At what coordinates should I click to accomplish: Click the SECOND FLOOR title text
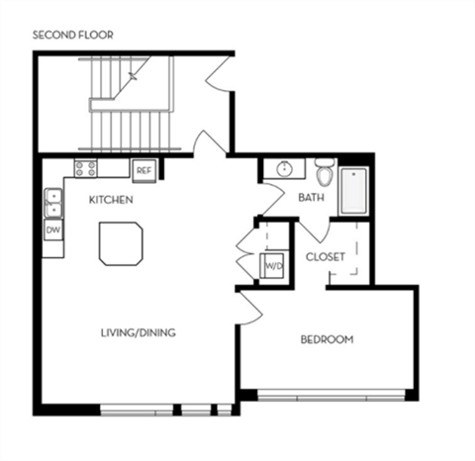point(73,36)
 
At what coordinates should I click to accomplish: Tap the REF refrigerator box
point(143,169)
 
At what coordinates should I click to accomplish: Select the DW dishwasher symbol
point(52,230)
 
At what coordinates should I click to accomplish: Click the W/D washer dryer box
point(271,266)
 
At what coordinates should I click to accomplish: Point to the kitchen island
point(121,243)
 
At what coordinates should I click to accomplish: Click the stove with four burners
point(86,169)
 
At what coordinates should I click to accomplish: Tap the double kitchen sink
point(52,203)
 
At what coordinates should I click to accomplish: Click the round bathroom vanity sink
point(285,169)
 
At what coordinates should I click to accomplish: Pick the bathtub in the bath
point(353,192)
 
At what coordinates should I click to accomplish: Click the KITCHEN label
point(111,201)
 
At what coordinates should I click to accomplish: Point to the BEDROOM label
point(327,340)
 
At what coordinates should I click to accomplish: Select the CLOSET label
point(325,256)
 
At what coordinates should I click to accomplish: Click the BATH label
point(312,198)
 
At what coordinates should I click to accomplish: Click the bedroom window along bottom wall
point(331,397)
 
